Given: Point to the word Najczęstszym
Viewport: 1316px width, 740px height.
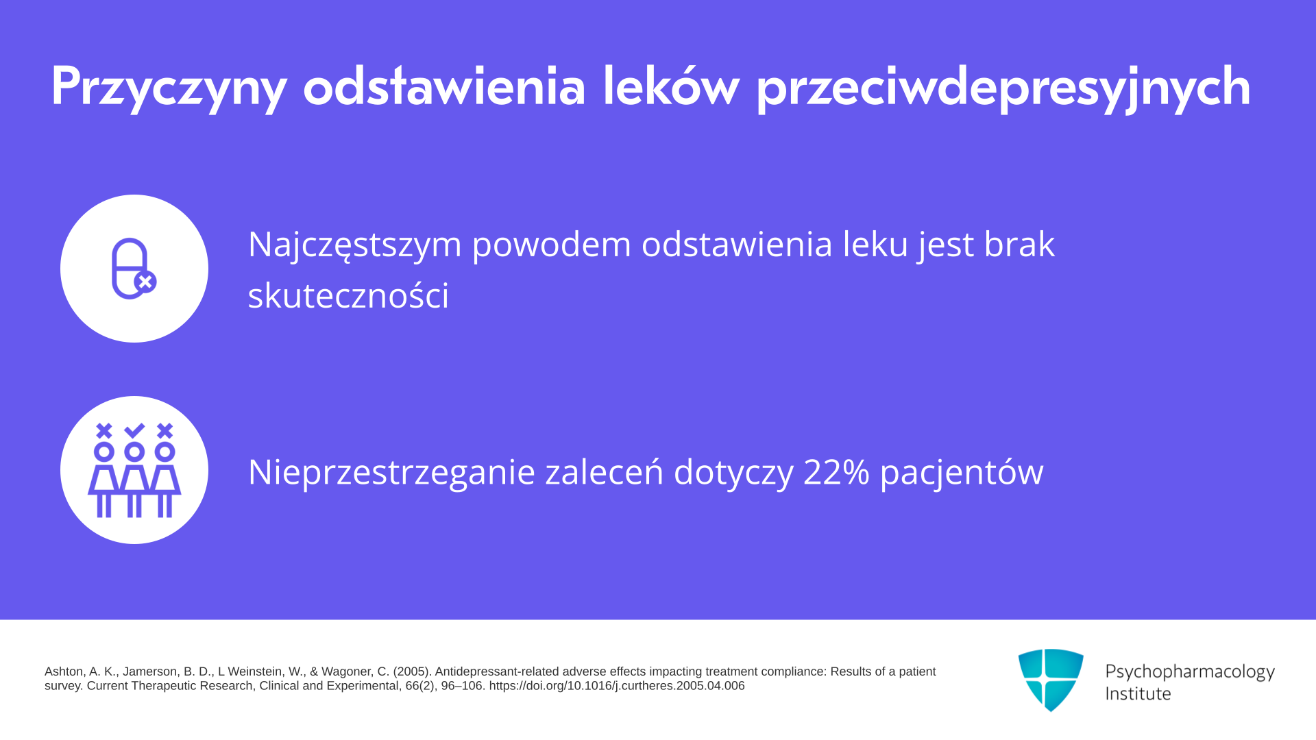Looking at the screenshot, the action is (355, 245).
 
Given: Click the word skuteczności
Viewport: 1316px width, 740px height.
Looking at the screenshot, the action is (348, 295).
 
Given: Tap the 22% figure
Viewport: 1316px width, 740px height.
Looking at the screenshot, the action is (836, 472).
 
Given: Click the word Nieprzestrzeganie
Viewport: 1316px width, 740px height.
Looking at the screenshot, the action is (391, 473).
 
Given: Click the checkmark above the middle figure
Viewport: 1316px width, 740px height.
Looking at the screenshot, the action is (134, 430).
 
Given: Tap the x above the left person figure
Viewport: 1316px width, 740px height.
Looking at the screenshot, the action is (104, 430).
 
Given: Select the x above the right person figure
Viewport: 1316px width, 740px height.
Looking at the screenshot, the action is (164, 430).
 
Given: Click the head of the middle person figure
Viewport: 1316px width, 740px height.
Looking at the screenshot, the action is (134, 452).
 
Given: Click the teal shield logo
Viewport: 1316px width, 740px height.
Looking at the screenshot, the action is (1051, 680).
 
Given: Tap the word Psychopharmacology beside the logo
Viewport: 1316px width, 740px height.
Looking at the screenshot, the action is (1190, 672).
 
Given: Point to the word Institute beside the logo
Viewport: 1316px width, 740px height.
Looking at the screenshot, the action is (1138, 693).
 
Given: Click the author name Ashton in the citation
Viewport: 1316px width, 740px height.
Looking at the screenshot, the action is (64, 671).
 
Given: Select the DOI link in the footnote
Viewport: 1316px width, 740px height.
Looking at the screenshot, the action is (617, 686).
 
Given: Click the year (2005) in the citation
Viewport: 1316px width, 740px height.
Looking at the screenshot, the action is (412, 671).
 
